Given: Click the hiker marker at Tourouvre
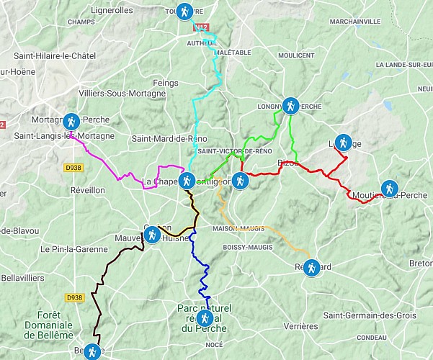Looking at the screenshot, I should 185,12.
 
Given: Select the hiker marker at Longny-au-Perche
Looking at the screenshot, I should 290,106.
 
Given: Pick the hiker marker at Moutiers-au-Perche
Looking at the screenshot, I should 389,189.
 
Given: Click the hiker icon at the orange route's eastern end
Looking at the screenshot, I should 311,268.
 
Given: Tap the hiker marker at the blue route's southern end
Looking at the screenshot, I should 205,318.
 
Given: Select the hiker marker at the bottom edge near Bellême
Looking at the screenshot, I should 92,352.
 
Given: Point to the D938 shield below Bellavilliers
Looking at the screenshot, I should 73,297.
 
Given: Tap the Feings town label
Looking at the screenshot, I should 165,84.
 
